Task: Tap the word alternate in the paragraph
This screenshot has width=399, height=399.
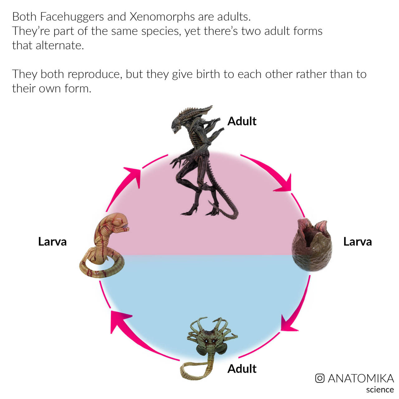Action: pyautogui.click(x=60, y=46)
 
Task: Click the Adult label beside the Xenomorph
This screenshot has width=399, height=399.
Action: pyautogui.click(x=242, y=121)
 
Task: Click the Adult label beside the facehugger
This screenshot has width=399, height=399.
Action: pyautogui.click(x=242, y=369)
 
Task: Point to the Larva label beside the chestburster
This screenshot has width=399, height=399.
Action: pyautogui.click(x=52, y=242)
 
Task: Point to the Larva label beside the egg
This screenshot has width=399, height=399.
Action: pyautogui.click(x=358, y=242)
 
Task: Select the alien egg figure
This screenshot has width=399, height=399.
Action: pyautogui.click(x=312, y=245)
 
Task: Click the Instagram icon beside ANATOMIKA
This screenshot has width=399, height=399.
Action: pyautogui.click(x=320, y=378)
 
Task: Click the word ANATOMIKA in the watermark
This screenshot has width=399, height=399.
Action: pyautogui.click(x=361, y=378)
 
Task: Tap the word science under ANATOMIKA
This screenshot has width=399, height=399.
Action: pyautogui.click(x=380, y=390)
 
